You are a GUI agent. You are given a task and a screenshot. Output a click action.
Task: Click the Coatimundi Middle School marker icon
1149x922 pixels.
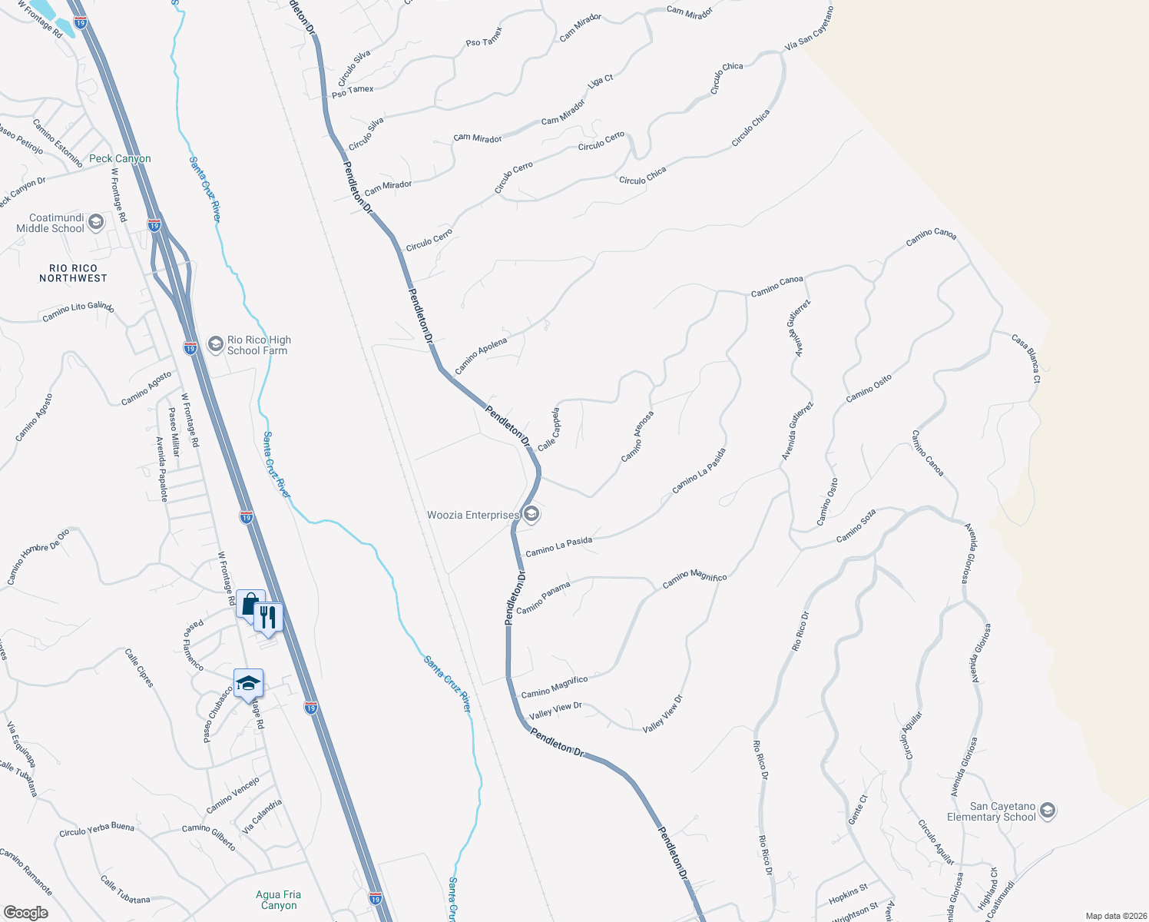[x=96, y=223]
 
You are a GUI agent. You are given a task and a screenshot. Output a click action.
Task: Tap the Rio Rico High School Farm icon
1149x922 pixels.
[x=215, y=343]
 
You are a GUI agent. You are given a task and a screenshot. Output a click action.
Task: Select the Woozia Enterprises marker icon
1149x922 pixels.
[x=531, y=514]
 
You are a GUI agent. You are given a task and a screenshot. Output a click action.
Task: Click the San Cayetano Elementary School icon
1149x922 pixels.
[x=1048, y=811]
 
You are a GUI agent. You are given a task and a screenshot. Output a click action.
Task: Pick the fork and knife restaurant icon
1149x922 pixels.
[x=268, y=617]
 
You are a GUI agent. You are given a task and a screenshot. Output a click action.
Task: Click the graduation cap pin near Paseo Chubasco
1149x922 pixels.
[x=248, y=683]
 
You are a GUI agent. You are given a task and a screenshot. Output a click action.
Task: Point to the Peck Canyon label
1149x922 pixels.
[x=120, y=159]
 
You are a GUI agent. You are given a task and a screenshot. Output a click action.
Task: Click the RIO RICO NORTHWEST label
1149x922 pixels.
[x=73, y=274]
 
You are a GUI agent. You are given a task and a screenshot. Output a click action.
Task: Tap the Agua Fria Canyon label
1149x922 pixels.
[x=278, y=900]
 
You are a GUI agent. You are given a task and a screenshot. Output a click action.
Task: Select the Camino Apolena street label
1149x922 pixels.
[x=481, y=357]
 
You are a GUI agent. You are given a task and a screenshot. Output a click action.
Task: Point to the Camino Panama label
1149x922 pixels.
[x=543, y=599]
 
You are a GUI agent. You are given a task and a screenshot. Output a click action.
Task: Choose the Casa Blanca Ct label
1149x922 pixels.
[x=1026, y=358]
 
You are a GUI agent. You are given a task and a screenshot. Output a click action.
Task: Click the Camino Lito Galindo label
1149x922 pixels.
[x=78, y=311]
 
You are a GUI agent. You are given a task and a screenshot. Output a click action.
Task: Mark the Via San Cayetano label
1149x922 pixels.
[x=809, y=30]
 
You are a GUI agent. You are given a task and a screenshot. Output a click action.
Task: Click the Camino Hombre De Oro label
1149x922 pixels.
[x=38, y=556]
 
